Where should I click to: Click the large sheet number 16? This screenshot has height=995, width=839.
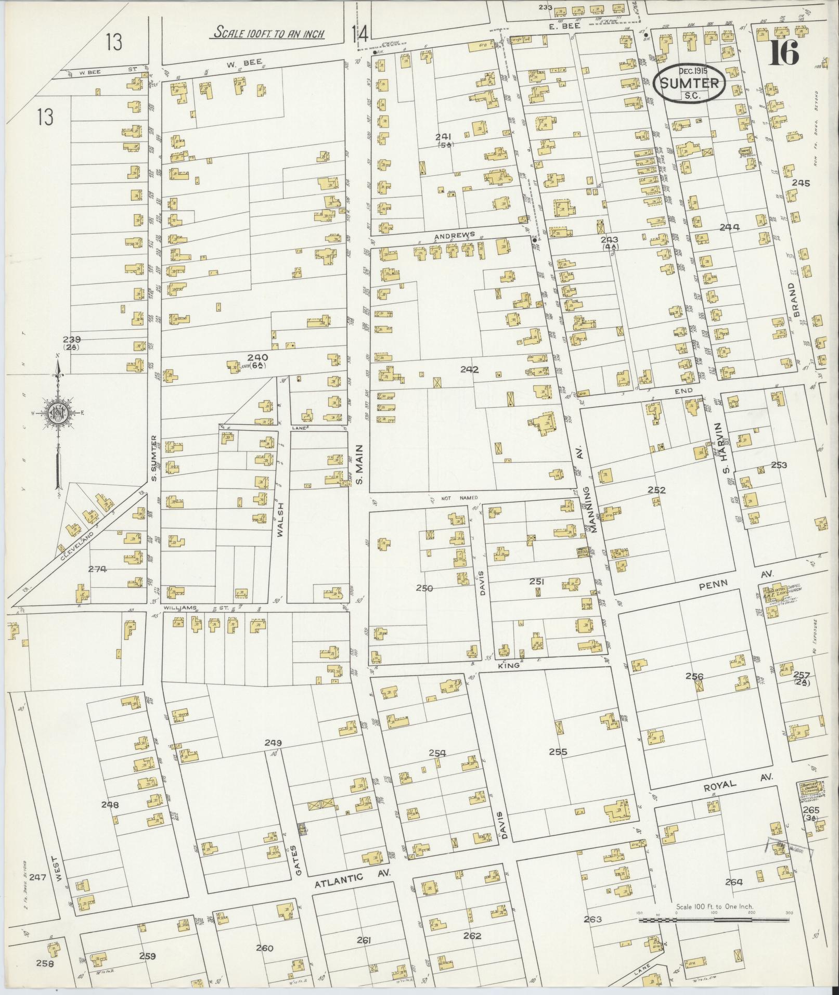pos(784,52)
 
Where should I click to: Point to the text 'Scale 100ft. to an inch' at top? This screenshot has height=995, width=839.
pos(269,34)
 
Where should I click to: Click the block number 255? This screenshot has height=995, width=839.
pos(557,752)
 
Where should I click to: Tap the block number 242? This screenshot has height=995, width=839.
pos(469,370)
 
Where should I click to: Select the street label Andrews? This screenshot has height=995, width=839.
pos(455,235)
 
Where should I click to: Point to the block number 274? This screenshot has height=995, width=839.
pos(97,569)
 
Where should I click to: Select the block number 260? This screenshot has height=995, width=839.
pos(264,948)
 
